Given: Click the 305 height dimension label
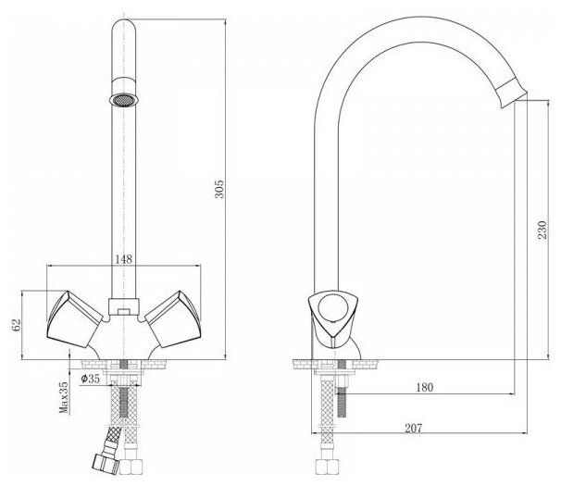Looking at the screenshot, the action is click(x=220, y=191).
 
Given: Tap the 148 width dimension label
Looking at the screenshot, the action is click(x=123, y=259).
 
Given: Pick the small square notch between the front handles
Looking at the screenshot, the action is click(x=122, y=304).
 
